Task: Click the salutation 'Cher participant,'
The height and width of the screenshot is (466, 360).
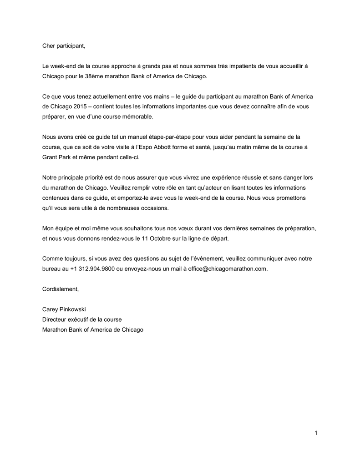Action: click(x=63, y=46)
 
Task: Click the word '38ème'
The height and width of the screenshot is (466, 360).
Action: click(x=94, y=76)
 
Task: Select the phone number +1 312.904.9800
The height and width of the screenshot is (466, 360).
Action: click(x=92, y=268)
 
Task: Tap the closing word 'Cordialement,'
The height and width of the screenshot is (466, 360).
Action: click(x=61, y=289)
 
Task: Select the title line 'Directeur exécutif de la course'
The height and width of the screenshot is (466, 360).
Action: click(x=82, y=319)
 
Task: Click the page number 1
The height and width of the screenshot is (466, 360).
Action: click(x=315, y=433)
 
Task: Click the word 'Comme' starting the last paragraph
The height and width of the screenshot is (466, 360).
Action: click(x=51, y=258)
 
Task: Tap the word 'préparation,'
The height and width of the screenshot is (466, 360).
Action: click(x=299, y=228)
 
